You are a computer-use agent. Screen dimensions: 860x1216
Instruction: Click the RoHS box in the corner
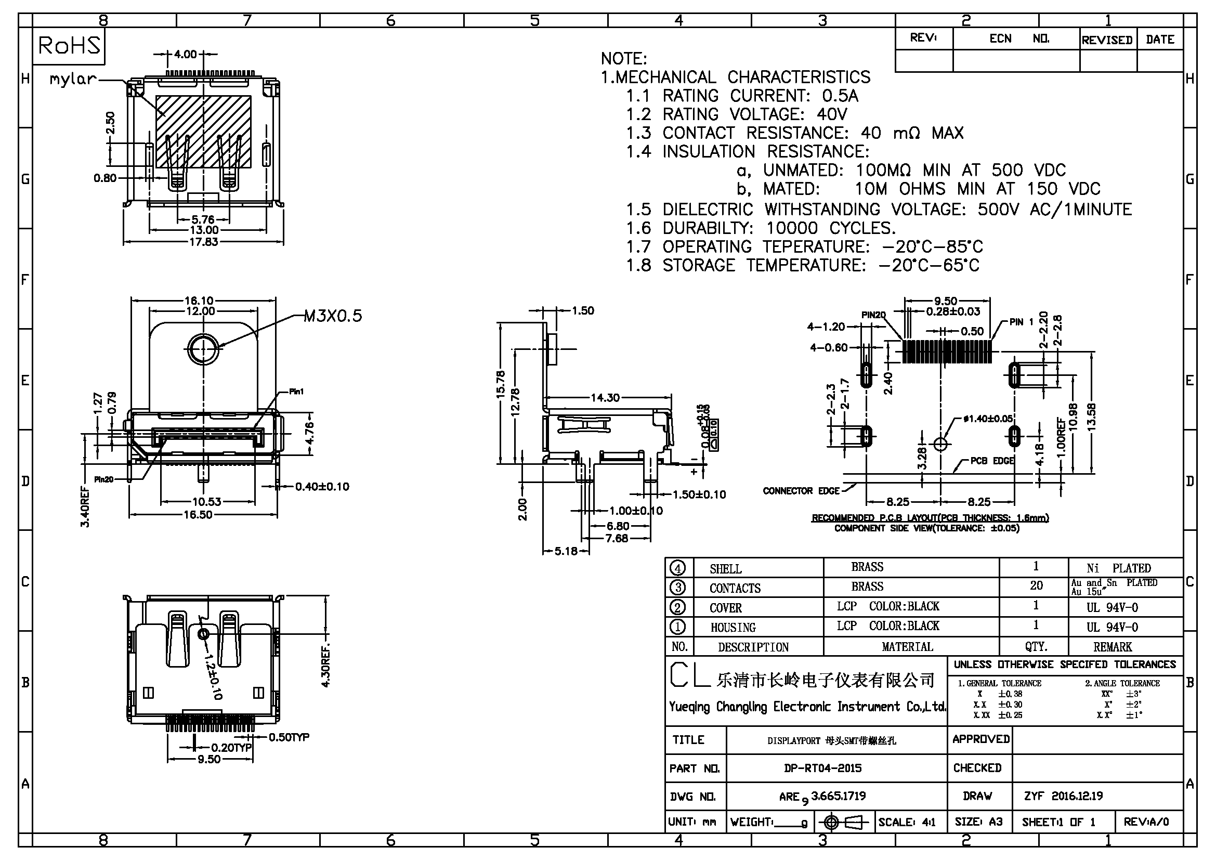click(69, 46)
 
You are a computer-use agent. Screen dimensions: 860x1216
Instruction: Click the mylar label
click(73, 80)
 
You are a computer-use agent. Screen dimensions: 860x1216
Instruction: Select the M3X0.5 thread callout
click(333, 316)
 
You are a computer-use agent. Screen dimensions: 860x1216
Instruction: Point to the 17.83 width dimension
click(203, 242)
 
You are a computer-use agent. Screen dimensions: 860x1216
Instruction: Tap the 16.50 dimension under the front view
click(198, 514)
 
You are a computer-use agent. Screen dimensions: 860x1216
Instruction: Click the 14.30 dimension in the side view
click(605, 397)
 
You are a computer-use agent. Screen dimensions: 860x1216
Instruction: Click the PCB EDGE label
click(992, 461)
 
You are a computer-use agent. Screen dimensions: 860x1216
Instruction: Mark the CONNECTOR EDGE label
click(801, 491)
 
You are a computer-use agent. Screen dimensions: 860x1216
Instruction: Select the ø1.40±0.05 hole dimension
click(988, 419)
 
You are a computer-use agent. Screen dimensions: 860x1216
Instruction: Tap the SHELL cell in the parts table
click(726, 569)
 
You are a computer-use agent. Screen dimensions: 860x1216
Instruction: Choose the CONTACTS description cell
click(735, 589)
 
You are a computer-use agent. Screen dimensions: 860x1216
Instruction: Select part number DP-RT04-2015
click(822, 768)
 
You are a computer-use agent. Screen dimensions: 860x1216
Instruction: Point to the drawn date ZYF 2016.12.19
click(1064, 796)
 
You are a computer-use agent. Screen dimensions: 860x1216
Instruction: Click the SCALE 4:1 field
click(907, 823)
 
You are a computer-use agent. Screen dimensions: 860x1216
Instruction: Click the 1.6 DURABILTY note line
click(761, 228)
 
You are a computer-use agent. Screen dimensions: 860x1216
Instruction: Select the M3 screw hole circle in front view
click(203, 349)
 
